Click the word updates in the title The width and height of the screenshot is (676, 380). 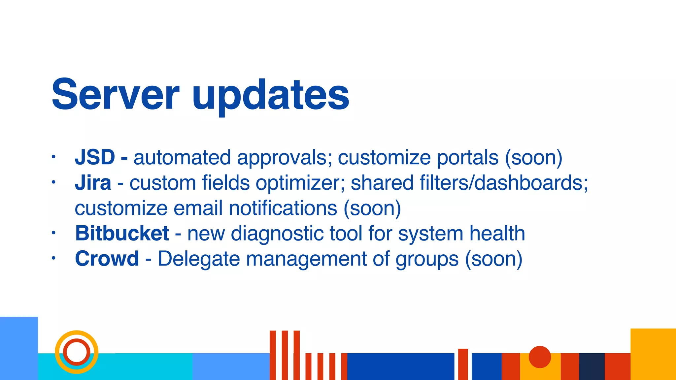click(270, 96)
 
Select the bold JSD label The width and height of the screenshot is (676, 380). click(95, 157)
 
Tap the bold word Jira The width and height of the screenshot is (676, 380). click(93, 183)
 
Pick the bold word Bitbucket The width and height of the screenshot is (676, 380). click(122, 233)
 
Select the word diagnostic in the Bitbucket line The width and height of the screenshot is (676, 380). click(277, 234)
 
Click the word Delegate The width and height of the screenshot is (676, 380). click(199, 259)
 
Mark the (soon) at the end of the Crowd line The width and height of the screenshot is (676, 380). click(493, 259)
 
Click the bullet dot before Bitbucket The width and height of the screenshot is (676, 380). click(53, 233)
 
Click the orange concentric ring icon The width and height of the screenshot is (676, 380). click(77, 352)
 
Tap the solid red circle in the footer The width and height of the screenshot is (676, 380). click(540, 357)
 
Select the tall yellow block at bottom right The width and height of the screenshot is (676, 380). click(653, 354)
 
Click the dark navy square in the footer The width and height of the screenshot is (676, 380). click(591, 366)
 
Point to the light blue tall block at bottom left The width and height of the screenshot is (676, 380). click(19, 348)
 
